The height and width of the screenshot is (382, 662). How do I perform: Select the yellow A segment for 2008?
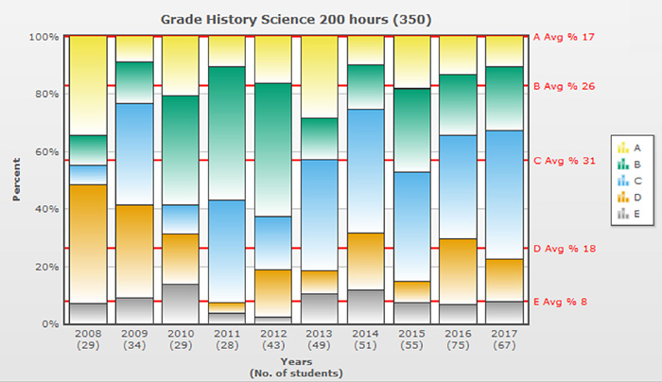pyautogui.click(x=87, y=85)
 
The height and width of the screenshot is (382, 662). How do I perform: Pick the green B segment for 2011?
pyautogui.click(x=227, y=132)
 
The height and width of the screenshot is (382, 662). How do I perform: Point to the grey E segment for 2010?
pyautogui.click(x=180, y=304)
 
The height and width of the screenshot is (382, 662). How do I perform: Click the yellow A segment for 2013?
pyautogui.click(x=320, y=77)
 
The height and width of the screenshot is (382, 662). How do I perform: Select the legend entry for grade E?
pyautogui.click(x=630, y=215)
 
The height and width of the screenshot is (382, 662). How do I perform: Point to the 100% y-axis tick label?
pyautogui.click(x=44, y=37)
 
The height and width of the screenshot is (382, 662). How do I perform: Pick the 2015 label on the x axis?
pyautogui.click(x=412, y=334)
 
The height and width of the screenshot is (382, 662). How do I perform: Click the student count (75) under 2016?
pyautogui.click(x=459, y=347)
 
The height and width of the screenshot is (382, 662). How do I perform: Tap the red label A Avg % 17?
pyautogui.click(x=565, y=37)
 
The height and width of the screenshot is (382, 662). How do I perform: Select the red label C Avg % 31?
pyautogui.click(x=565, y=161)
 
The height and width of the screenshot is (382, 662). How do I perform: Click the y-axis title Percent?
pyautogui.click(x=16, y=180)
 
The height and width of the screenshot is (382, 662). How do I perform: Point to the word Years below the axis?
pyautogui.click(x=296, y=361)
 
